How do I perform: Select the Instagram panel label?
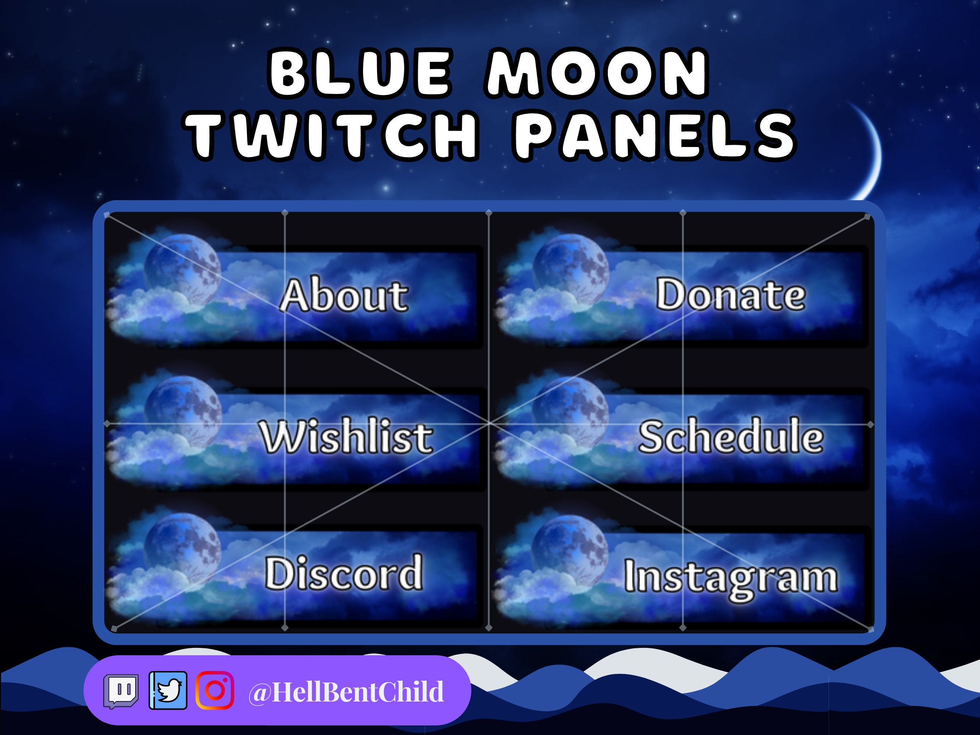coord(731,577)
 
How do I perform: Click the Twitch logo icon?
coord(121,691)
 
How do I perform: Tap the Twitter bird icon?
coord(168,690)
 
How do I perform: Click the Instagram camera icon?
coord(215,690)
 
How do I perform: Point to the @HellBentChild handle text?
coord(345,692)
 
